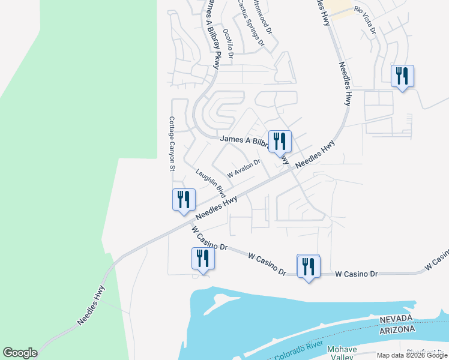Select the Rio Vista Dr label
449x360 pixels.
[x=365, y=20]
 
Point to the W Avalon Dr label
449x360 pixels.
[x=243, y=167]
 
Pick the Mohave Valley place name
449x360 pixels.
[x=342, y=353]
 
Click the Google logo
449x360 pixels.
[x=20, y=353]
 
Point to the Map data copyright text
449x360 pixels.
[x=412, y=355]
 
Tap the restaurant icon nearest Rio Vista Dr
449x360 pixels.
[x=402, y=76]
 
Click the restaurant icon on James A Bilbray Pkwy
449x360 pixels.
[x=280, y=142]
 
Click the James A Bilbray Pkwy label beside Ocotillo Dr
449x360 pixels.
[x=213, y=30]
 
